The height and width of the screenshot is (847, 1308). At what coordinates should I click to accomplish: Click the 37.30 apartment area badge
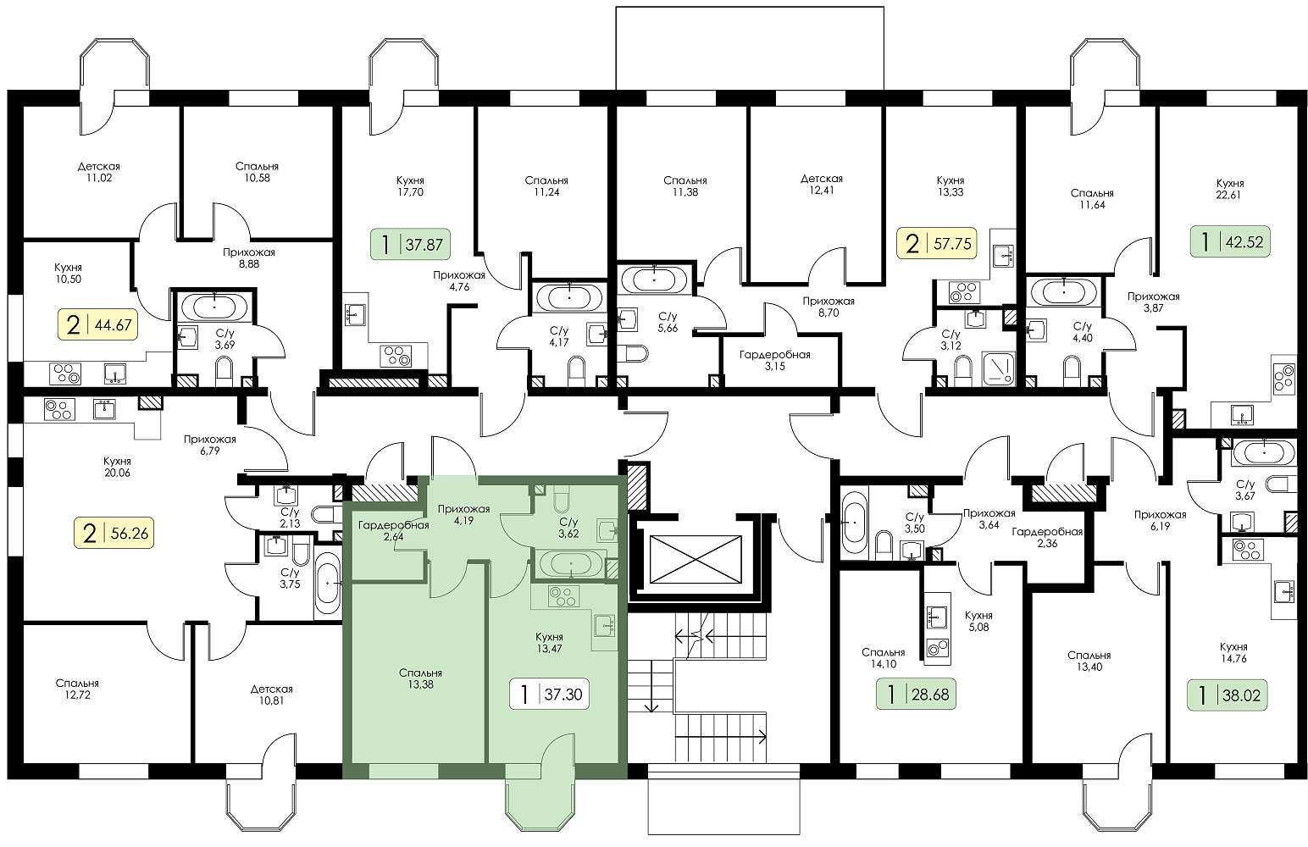tap(549, 694)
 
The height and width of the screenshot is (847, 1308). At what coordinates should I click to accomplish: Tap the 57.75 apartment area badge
tap(937, 243)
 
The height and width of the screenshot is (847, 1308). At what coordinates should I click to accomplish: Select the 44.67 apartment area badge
tap(98, 324)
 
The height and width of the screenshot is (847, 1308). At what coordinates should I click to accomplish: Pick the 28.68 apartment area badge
tap(916, 694)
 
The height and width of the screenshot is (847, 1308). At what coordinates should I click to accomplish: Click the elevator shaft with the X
tap(695, 559)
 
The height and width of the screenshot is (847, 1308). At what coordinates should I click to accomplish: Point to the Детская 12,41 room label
tap(822, 185)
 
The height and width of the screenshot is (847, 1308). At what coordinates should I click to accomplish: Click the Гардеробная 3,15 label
tap(775, 360)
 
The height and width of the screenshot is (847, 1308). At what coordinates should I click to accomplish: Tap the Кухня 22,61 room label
tap(1229, 189)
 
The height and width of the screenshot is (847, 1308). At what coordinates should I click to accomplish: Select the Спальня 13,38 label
tap(420, 678)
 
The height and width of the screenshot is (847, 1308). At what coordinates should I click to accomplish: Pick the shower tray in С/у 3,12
tap(999, 368)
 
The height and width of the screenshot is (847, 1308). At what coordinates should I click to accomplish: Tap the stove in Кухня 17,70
tap(396, 356)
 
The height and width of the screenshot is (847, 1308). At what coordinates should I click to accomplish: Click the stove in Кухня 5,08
tap(937, 649)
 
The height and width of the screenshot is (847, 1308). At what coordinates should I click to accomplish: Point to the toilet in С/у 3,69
tap(224, 371)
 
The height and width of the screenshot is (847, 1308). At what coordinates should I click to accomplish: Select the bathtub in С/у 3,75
tap(327, 583)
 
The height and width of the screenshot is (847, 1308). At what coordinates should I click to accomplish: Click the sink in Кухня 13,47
tap(605, 626)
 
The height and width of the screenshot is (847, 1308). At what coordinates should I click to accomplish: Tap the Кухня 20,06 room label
tap(117, 467)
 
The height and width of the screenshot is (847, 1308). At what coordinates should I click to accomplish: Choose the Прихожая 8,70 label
tap(828, 307)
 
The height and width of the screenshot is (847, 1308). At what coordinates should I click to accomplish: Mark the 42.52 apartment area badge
tap(1230, 241)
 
